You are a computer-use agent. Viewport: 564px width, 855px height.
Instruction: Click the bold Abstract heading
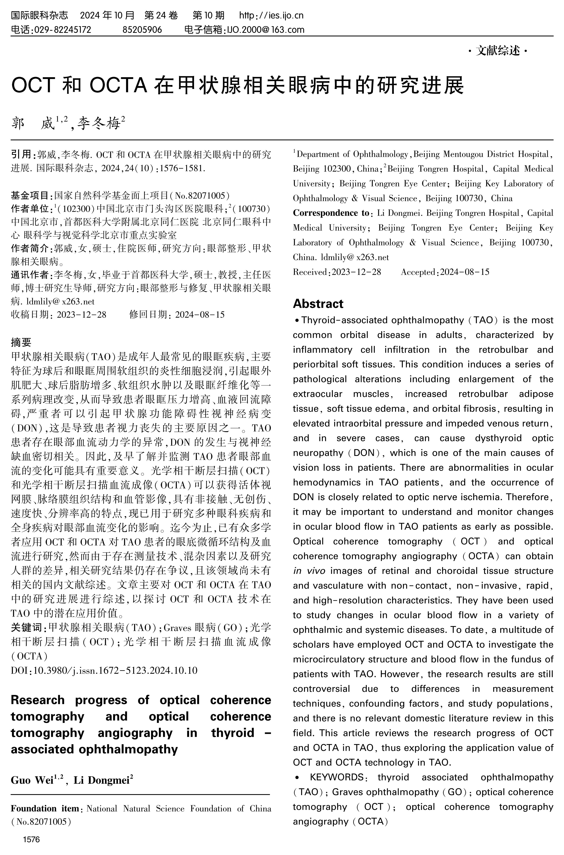click(318, 304)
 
